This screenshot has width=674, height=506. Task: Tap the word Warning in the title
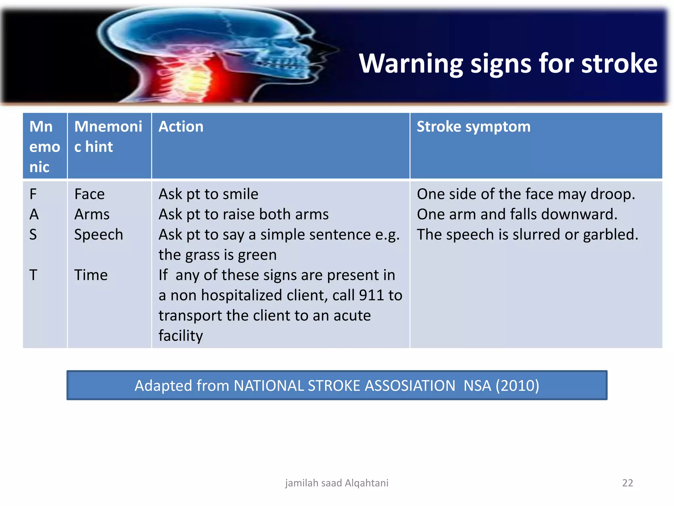pyautogui.click(x=411, y=64)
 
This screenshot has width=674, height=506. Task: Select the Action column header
pyautogui.click(x=181, y=127)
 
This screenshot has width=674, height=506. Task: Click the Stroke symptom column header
pyautogui.click(x=473, y=127)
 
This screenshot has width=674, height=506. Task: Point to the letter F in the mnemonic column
pyautogui.click(x=33, y=194)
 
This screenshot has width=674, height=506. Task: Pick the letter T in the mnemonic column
pyautogui.click(x=33, y=275)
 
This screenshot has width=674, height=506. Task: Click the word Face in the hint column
pyautogui.click(x=89, y=194)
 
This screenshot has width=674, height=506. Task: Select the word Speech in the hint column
pyautogui.click(x=98, y=235)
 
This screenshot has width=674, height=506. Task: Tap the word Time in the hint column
pyautogui.click(x=91, y=275)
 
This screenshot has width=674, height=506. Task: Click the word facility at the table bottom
pyautogui.click(x=181, y=336)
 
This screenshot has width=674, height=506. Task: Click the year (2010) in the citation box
pyautogui.click(x=517, y=386)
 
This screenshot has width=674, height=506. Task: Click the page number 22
pyautogui.click(x=627, y=483)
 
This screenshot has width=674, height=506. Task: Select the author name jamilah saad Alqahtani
pyautogui.click(x=337, y=483)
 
